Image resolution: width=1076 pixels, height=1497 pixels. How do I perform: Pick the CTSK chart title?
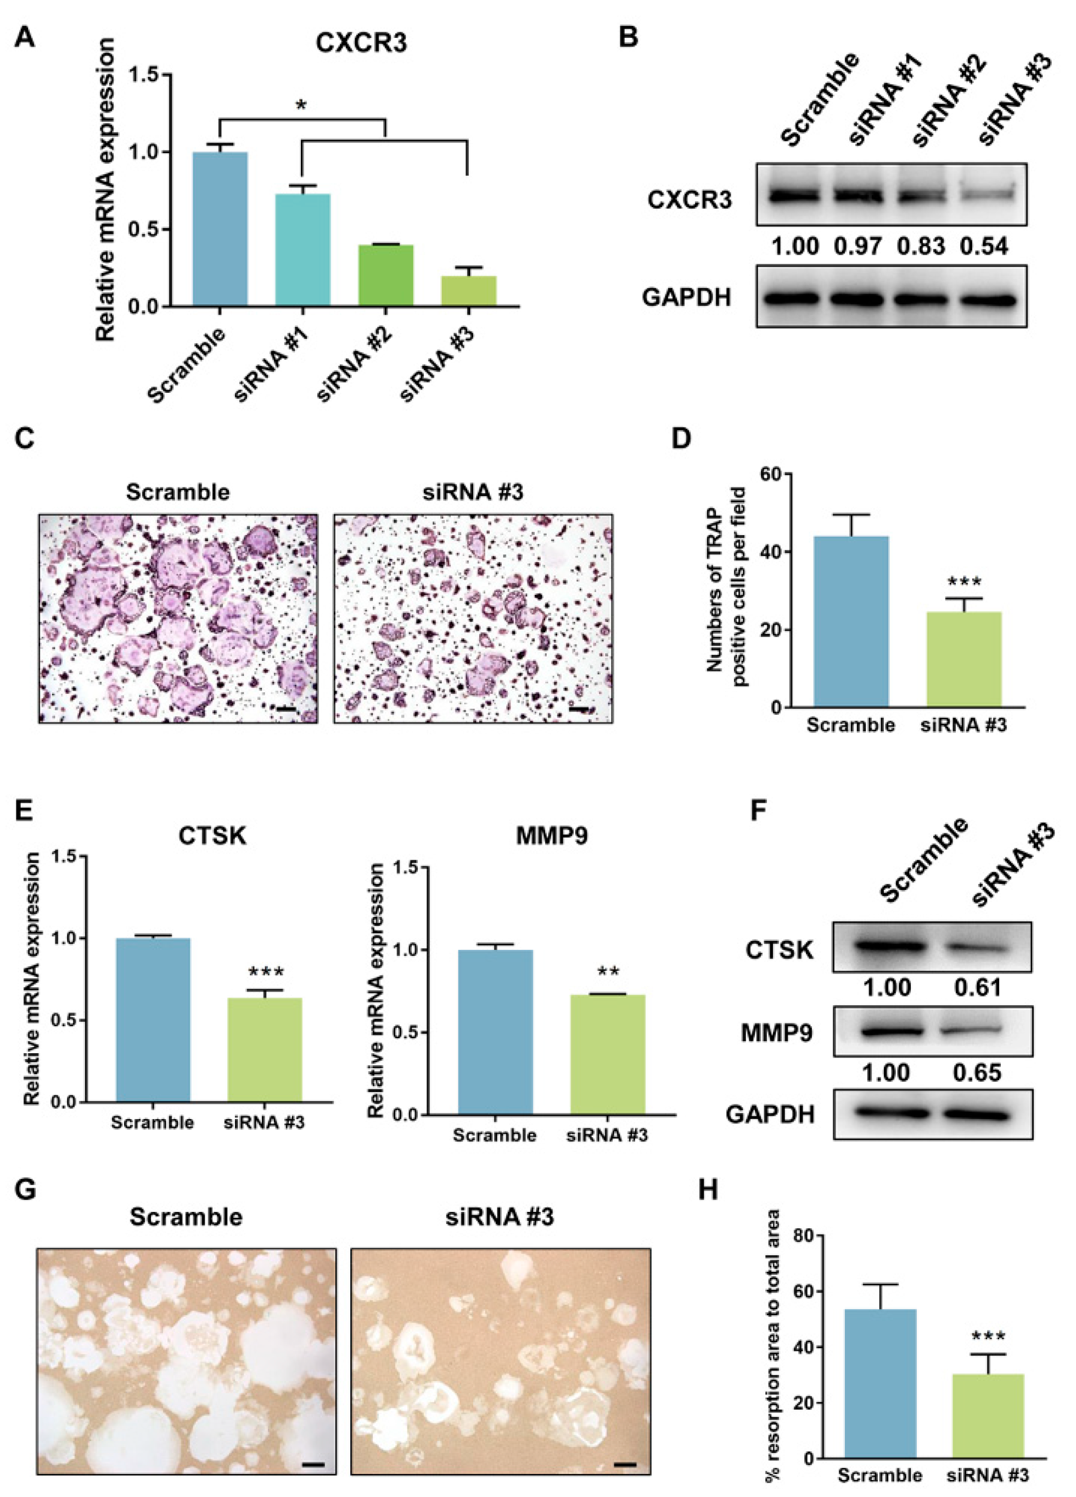212,836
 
